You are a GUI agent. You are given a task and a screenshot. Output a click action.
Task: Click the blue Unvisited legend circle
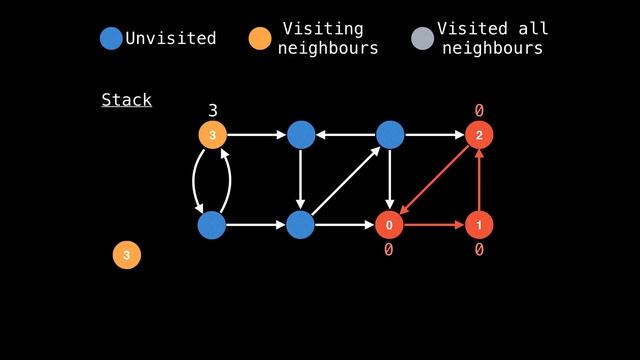(112, 39)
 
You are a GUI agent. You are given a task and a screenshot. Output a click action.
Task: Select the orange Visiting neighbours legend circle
(260, 39)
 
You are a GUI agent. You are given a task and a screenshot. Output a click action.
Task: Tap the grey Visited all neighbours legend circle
(423, 39)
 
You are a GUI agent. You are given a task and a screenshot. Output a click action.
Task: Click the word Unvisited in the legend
(170, 39)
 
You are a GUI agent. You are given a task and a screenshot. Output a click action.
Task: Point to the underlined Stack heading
(126, 100)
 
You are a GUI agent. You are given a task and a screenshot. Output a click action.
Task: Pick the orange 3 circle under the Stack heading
(126, 255)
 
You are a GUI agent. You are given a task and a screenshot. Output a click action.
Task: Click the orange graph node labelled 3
(212, 134)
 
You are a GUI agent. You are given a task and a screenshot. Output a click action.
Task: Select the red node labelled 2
(479, 134)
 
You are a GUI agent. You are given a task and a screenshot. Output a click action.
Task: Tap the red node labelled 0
(389, 226)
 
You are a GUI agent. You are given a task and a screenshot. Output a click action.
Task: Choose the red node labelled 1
(479, 226)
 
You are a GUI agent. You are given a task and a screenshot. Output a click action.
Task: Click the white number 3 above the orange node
(212, 109)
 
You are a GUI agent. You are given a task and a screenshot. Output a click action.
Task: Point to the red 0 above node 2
(479, 109)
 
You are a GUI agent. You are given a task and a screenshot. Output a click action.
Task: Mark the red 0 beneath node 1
(479, 250)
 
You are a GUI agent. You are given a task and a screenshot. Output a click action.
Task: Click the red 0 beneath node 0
(389, 250)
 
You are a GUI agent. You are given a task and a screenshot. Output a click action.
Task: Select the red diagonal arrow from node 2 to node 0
(434, 180)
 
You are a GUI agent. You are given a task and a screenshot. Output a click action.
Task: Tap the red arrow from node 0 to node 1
(434, 226)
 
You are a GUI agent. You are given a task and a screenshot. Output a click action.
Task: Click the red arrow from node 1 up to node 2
(479, 180)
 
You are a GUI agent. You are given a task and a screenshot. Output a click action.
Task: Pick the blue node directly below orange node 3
(212, 226)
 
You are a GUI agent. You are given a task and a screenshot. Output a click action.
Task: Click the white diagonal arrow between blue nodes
(345, 180)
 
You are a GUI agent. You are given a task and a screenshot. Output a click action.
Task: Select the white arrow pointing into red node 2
(434, 134)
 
